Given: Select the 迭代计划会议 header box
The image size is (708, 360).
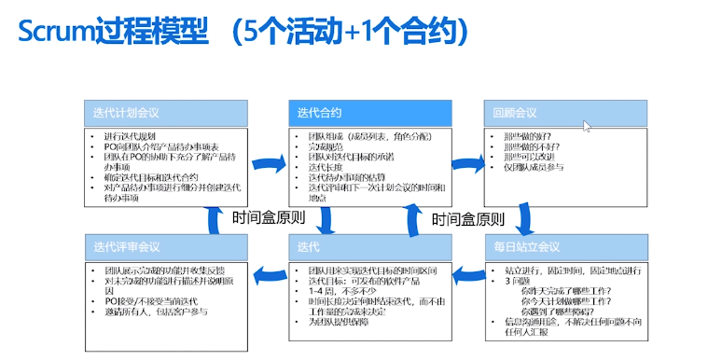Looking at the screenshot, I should pos(166,113).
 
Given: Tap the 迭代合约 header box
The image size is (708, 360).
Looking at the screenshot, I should pos(369,113).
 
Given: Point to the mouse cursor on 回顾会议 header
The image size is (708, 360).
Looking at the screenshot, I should pos(587,127).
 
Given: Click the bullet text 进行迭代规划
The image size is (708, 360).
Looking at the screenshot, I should pos(131,137).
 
